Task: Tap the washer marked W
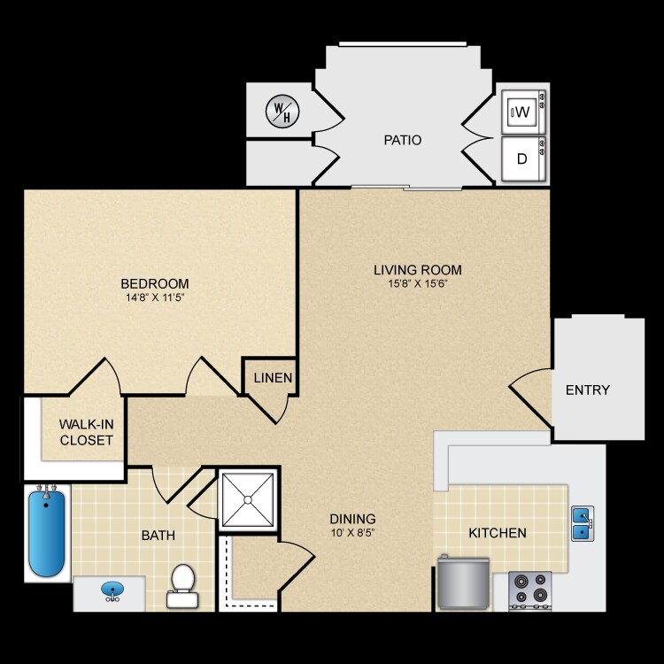tap(522, 112)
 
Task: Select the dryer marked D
tap(522, 159)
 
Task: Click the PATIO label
tap(402, 140)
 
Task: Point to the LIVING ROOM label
tap(418, 270)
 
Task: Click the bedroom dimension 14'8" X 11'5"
tap(155, 297)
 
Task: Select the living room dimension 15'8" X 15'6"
tap(418, 284)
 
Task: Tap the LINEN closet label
tap(274, 378)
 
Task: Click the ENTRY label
tap(588, 390)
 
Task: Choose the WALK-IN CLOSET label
tap(87, 431)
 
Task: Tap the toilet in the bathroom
tap(183, 585)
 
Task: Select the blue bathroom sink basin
tap(112, 589)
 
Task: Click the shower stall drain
tap(248, 499)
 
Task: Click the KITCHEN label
tap(498, 533)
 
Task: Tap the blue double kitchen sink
tap(582, 523)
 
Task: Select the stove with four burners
tap(530, 591)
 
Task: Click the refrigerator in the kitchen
tap(463, 584)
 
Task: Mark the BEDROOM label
tap(155, 283)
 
